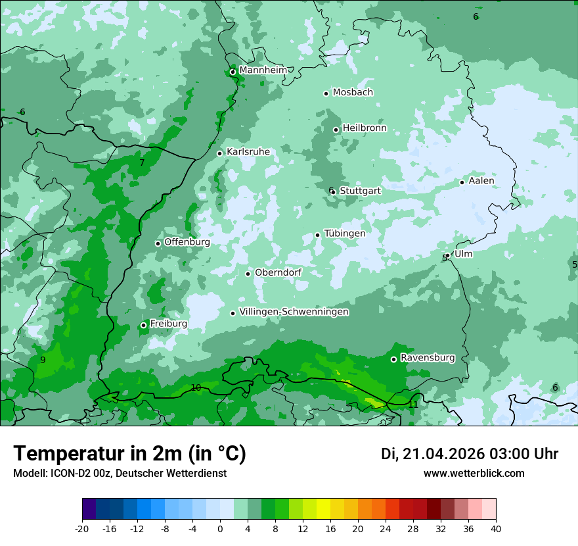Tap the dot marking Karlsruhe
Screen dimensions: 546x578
point(220,153)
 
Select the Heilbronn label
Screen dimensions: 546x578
point(365,128)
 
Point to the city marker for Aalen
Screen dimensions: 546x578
point(462,182)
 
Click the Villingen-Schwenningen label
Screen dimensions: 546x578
point(294,312)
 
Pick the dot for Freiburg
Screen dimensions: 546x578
point(144,325)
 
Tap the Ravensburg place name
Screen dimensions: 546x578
point(427,358)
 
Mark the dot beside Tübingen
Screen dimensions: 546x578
point(318,235)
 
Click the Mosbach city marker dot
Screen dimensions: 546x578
point(326,93)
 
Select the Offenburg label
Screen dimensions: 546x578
point(187,242)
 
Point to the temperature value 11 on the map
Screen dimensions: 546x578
point(413,405)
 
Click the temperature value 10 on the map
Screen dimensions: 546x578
point(196,387)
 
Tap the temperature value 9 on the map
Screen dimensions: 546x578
point(43,360)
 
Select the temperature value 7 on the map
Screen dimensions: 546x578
point(142,162)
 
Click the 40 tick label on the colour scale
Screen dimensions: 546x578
point(495,529)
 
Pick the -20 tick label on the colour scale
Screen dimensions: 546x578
point(82,529)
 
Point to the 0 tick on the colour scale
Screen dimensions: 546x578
point(220,529)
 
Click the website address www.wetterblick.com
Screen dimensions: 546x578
point(474,473)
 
